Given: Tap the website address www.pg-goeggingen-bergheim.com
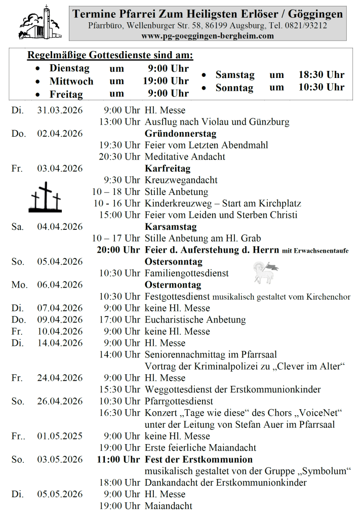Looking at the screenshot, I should pos(208,35).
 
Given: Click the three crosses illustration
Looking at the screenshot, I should pos(45,197).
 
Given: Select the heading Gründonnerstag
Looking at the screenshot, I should pos(180,134).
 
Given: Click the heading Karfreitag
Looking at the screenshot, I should pos(168,169).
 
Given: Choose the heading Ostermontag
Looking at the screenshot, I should pos(173,285).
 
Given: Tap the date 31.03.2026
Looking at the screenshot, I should pos(60,110).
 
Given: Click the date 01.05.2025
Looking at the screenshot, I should pos(60,436).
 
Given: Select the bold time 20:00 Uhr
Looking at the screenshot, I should pos(118,250).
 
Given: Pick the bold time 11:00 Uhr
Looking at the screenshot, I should pos(118,460).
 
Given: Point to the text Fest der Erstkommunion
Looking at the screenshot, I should pos(198,460).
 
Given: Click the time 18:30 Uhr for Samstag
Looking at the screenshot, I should pos(321,75).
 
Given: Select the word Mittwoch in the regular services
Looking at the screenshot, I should pos(71,81).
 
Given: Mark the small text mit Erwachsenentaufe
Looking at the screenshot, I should pos(315,251).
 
